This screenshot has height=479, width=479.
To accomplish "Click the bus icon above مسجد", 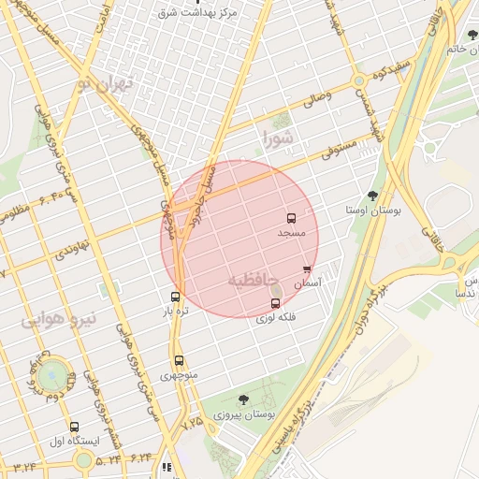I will (x=291, y=218).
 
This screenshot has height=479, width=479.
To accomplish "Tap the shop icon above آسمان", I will (x=307, y=270).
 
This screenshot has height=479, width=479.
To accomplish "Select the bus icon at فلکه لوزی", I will (x=275, y=303).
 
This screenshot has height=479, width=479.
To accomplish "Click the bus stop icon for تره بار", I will (x=175, y=297).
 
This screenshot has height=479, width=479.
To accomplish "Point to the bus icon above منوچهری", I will (x=179, y=361).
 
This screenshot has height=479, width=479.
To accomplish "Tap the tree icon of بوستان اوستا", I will (x=373, y=196).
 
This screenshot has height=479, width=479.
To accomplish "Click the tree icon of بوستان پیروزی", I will (x=244, y=399).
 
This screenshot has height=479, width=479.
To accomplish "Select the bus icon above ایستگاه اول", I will (x=75, y=427).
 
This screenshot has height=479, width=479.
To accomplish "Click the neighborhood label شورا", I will (x=278, y=139).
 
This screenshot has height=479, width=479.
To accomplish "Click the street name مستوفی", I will (x=333, y=148).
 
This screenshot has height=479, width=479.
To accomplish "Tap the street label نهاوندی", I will (x=70, y=251).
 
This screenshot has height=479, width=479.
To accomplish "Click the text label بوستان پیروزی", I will (x=242, y=414).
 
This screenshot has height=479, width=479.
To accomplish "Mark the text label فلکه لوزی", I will (x=276, y=317).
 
